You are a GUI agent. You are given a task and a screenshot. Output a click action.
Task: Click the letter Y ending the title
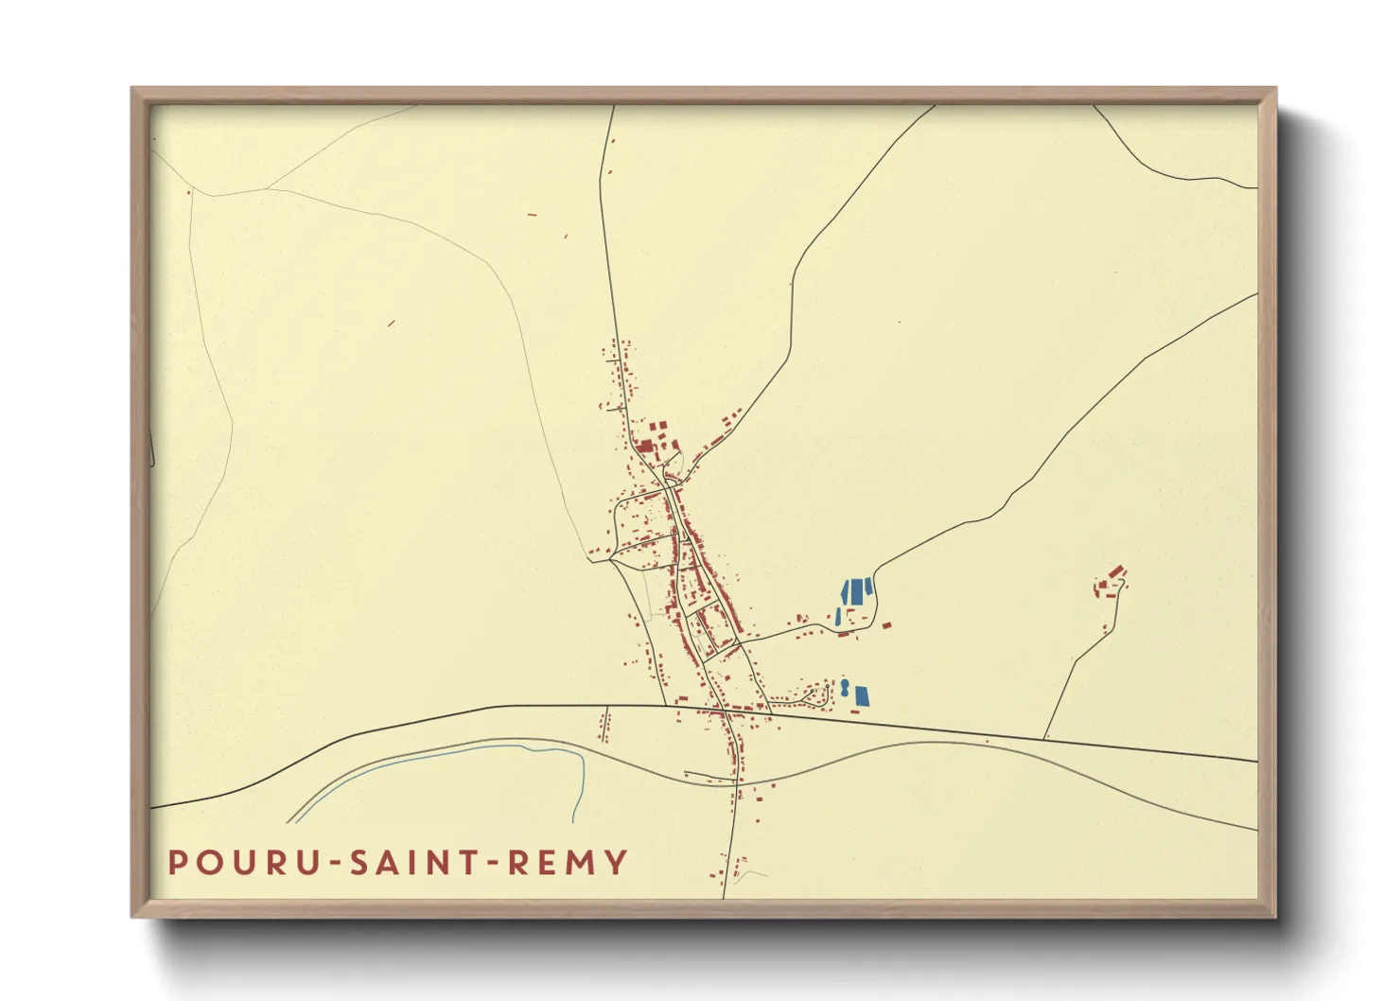[x=617, y=862]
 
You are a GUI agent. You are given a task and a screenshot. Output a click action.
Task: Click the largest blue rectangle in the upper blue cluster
[x=858, y=592]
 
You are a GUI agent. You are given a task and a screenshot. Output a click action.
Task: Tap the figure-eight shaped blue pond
[x=844, y=687]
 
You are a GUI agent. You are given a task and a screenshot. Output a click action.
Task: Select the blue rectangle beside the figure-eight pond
[x=862, y=696]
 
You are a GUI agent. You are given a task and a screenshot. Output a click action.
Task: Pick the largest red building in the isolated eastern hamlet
[x=1116, y=572]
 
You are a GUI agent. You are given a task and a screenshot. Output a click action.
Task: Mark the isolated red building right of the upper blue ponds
[x=887, y=623]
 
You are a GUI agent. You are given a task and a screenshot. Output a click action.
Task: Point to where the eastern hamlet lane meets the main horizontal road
[x=1044, y=738]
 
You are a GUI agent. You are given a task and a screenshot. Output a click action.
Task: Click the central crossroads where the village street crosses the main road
[x=724, y=708]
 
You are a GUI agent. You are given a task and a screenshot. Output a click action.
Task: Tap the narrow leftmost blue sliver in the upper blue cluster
[x=838, y=616]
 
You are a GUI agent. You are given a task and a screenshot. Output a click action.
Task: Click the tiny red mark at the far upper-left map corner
[x=188, y=193]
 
